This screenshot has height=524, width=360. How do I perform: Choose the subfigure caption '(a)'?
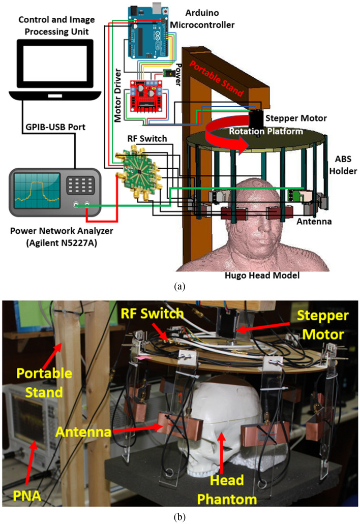(x=179, y=287)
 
